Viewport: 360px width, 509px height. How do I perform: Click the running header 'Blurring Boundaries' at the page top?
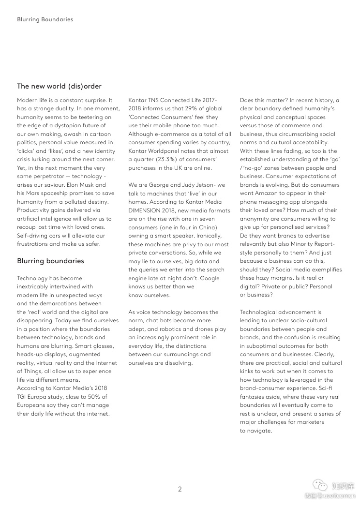(45, 19)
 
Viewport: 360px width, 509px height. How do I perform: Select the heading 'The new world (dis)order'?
(59, 86)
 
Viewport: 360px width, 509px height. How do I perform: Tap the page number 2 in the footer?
(180, 489)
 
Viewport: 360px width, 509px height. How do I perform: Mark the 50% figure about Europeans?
(89, 397)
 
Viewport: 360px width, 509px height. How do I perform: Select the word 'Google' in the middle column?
(210, 278)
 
